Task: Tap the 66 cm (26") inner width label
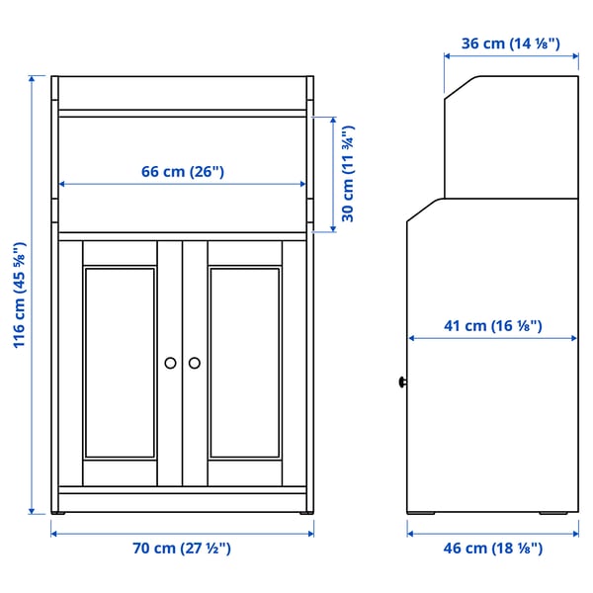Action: pos(183,171)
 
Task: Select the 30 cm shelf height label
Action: pos(347,174)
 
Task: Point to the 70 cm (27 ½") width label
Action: pos(183,548)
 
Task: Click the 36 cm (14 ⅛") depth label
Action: pos(511,42)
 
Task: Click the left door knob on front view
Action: pos(170,363)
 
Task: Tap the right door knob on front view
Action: pos(194,363)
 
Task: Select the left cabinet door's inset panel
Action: pos(120,363)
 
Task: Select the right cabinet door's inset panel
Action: pos(245,363)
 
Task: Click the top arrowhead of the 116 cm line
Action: pos(33,79)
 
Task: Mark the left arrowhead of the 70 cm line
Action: pos(55,533)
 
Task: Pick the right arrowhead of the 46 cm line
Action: pos(575,533)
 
